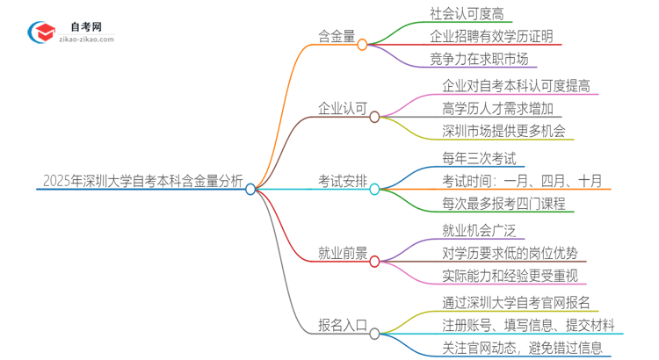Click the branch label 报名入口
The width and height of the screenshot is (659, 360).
coord(340,326)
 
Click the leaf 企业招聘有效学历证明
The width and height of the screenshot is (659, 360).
coord(492,37)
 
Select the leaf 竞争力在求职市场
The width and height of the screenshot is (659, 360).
coord(479,60)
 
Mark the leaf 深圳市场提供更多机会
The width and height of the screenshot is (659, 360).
coord(503,133)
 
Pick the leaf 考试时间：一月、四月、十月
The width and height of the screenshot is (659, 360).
coord(522,182)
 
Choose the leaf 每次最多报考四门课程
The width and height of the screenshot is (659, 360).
coord(503,205)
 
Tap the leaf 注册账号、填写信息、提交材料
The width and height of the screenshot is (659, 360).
coord(528,326)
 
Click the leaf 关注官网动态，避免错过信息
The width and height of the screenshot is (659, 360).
coord(522,349)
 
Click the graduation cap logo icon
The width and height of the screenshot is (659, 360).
coord(40,32)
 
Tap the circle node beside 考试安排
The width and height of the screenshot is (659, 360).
coord(374,189)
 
